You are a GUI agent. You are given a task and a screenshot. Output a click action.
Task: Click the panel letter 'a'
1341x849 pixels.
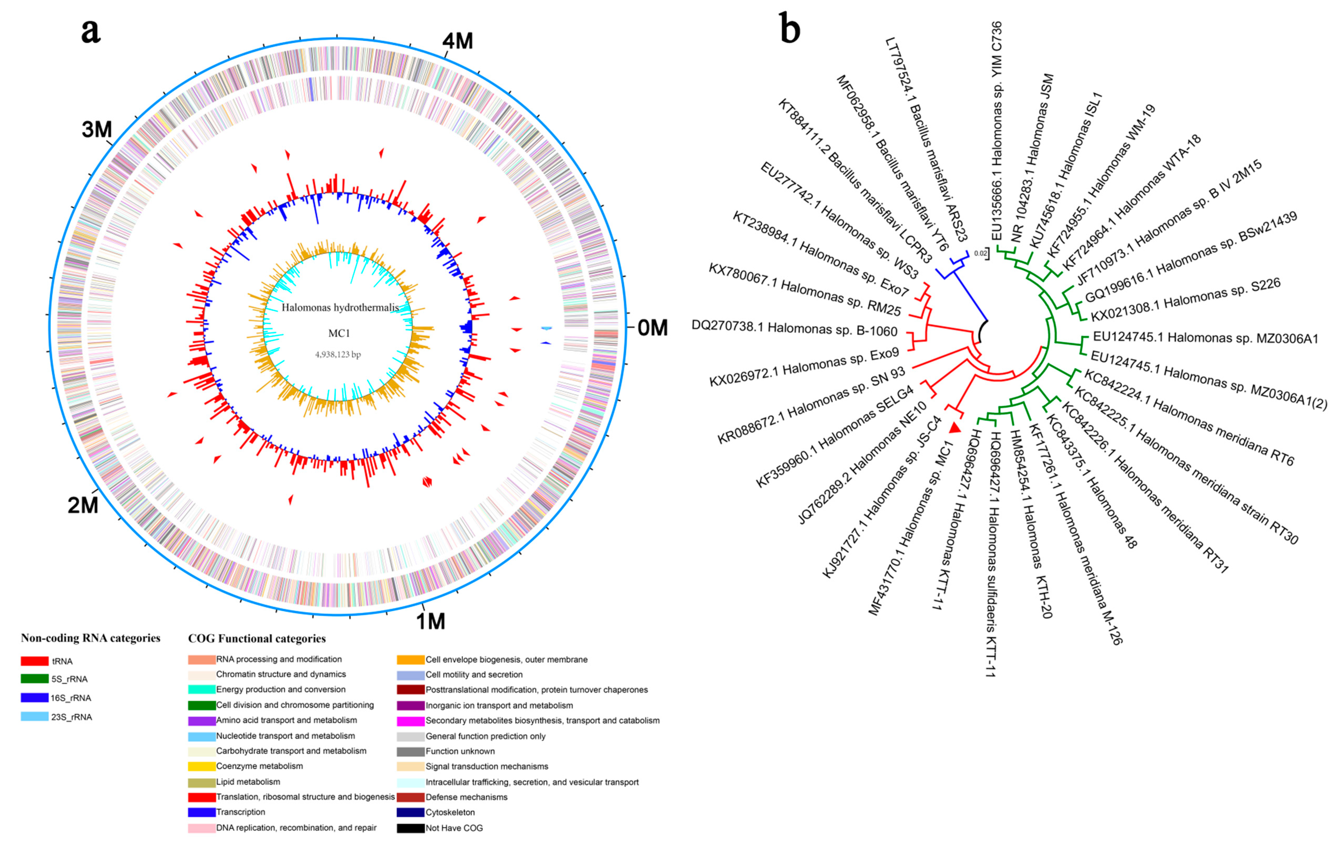click(x=91, y=31)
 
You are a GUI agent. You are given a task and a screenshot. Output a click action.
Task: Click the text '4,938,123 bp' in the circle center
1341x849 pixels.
click(x=338, y=355)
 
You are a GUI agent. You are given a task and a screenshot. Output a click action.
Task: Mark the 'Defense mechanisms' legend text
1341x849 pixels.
click(x=467, y=797)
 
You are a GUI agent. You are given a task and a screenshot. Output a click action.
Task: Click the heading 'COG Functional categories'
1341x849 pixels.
click(x=257, y=639)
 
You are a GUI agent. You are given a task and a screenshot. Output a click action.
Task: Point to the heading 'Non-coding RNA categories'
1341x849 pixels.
click(x=90, y=638)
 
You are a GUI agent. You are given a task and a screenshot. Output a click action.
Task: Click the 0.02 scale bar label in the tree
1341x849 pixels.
click(x=980, y=254)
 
